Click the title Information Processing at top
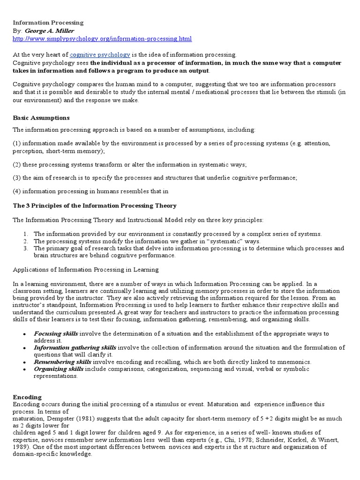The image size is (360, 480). click(x=48, y=22)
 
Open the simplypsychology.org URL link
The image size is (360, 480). click(x=102, y=38)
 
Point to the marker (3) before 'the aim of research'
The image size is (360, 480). click(x=17, y=178)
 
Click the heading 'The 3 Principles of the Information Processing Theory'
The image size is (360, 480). click(x=94, y=206)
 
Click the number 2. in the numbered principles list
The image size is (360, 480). click(x=26, y=241)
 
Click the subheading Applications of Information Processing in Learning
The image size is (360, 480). click(x=85, y=270)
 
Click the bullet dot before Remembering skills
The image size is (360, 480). click(x=24, y=362)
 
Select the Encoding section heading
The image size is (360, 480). click(x=27, y=397)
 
